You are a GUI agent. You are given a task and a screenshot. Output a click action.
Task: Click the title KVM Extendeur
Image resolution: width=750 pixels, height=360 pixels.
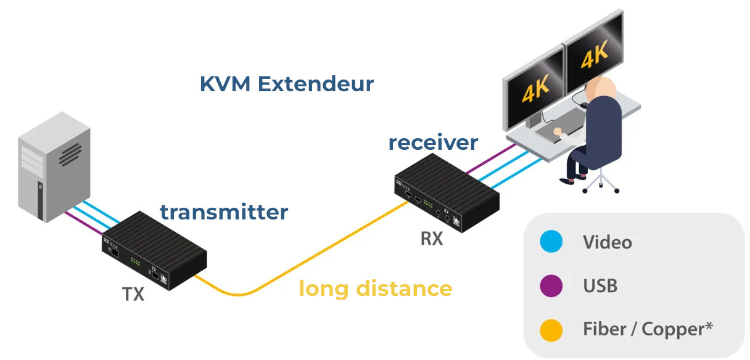coord(287,84)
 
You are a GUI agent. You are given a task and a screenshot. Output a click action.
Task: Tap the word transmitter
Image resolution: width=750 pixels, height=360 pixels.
coord(224,212)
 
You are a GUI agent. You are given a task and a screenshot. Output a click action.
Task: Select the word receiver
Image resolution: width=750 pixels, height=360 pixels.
coord(433,142)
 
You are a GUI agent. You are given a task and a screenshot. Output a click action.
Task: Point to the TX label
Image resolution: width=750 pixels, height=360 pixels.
coord(133,294)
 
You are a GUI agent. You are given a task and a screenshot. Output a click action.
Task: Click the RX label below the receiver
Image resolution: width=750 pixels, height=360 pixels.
coord(432,238)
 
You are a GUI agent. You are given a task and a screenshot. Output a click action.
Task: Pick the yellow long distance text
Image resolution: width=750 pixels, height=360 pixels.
coord(375,288)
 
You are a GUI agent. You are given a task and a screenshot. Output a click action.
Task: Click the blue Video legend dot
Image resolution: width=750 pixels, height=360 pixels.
coord(551,242)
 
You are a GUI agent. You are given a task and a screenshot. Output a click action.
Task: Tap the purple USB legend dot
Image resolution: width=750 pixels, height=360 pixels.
coord(551,286)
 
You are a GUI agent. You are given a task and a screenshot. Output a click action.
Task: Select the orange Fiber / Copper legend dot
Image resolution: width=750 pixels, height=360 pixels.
coord(551,330)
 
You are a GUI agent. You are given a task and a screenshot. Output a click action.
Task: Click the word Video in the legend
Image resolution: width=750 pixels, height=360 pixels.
coord(608,242)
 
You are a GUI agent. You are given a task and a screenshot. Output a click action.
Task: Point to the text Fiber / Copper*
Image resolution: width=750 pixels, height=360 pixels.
coord(648,329)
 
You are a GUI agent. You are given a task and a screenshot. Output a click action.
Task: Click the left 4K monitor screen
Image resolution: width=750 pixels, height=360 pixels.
coord(534,89)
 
